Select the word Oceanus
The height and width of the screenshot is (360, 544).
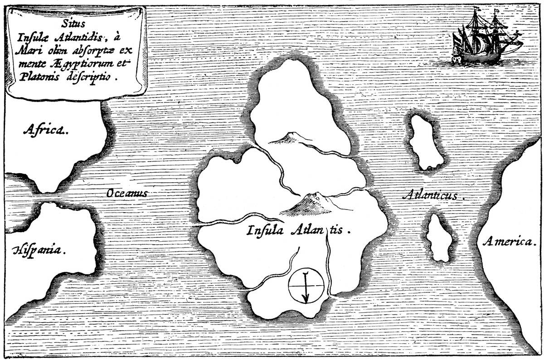pos(127,193)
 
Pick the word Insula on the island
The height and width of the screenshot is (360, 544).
pos(265,230)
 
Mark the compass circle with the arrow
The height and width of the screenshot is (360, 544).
pos(306,287)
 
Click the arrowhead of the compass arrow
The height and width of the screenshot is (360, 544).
pos(306,300)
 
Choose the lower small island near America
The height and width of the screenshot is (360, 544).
pos(439,238)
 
